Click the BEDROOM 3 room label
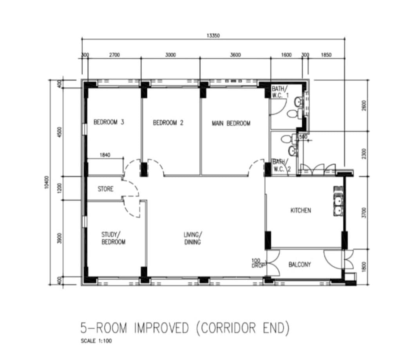[x=109, y=122]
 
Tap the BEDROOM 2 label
[x=168, y=123]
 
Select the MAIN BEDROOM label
[x=231, y=123]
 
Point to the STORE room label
[x=106, y=189]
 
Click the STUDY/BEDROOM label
[x=114, y=238]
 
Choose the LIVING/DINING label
[x=192, y=238]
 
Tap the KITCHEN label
[x=301, y=210]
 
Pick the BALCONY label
[x=300, y=264]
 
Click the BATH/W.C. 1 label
[x=280, y=92]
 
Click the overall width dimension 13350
[x=213, y=36]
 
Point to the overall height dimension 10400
[x=47, y=182]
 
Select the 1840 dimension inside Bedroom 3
[x=105, y=155]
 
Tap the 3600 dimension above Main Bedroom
[x=235, y=55]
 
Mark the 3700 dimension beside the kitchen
[x=364, y=213]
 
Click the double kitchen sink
[x=338, y=201]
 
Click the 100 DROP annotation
[x=258, y=263]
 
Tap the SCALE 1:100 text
[x=96, y=341]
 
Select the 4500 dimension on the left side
[x=60, y=132]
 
